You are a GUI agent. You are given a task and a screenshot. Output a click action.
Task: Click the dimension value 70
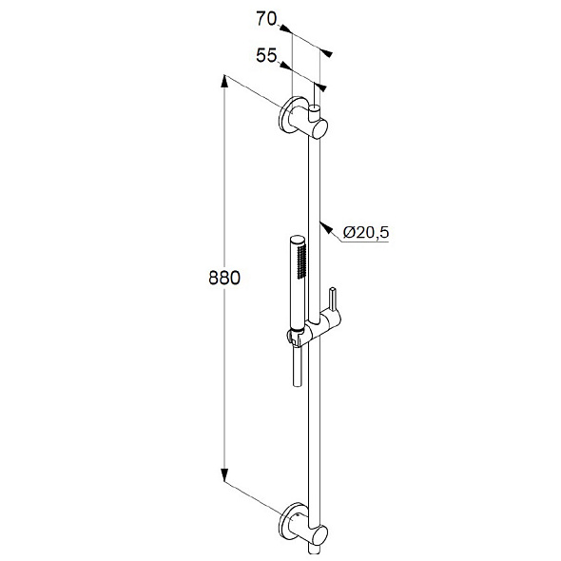pyautogui.click(x=266, y=19)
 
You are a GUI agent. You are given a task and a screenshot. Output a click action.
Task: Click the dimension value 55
pyautogui.click(x=266, y=55)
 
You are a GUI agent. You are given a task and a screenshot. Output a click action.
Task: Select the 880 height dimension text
pyautogui.click(x=224, y=278)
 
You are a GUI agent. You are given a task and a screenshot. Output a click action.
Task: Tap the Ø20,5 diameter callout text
pyautogui.click(x=366, y=233)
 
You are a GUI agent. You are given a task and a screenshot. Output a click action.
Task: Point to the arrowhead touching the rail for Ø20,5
pyautogui.click(x=325, y=227)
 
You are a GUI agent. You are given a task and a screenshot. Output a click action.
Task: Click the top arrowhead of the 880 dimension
pyautogui.click(x=224, y=81)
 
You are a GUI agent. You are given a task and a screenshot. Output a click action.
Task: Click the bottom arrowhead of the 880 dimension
pyautogui.click(x=224, y=474)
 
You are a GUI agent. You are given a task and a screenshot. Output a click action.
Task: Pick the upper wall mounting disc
pyautogui.click(x=286, y=114)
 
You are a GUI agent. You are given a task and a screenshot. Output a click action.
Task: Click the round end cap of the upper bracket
pyautogui.click(x=321, y=128)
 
